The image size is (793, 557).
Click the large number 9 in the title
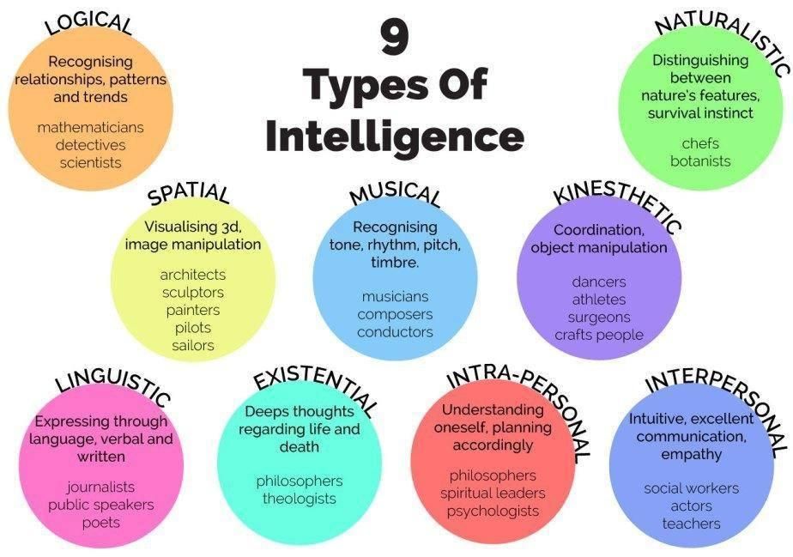tap(395, 38)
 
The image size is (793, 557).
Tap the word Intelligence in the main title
tap(395, 136)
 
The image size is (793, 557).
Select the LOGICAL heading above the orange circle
tap(89, 24)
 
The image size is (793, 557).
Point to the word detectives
tap(90, 145)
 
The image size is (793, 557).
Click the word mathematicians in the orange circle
tap(90, 127)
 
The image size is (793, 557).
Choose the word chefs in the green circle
tap(700, 143)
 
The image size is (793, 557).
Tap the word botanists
tap(700, 161)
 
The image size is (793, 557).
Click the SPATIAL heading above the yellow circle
tap(188, 193)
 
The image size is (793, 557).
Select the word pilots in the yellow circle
tap(193, 328)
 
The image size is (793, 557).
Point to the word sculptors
tap(193, 293)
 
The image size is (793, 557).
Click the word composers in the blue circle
tap(395, 314)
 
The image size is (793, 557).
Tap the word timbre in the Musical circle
tap(395, 262)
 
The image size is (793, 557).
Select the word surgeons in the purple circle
tap(599, 318)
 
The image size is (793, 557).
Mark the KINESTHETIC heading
tap(618, 208)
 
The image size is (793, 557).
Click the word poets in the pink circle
tap(101, 523)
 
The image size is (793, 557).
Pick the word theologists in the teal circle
tap(300, 499)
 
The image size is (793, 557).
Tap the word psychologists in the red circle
tap(493, 511)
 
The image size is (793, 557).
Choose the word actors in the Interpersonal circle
tap(692, 506)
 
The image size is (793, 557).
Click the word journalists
tap(100, 487)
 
